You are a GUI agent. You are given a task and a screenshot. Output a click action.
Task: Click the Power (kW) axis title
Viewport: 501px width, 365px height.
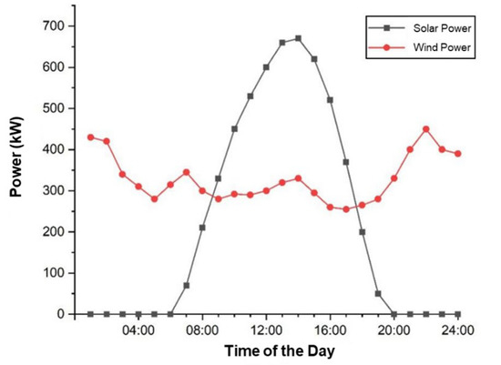click(16, 169)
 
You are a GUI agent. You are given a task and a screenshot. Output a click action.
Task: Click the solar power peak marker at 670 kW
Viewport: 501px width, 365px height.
click(298, 38)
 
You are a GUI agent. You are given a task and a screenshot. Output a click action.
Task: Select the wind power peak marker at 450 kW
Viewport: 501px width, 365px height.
click(425, 128)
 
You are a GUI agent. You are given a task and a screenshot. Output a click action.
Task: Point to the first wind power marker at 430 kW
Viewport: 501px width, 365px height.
click(90, 137)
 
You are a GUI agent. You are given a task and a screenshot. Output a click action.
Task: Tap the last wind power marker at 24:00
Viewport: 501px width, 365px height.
click(457, 153)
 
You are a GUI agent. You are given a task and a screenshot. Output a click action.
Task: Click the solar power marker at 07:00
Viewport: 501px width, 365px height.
click(186, 285)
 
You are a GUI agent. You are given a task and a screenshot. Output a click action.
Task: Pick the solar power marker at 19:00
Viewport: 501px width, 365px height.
click(377, 293)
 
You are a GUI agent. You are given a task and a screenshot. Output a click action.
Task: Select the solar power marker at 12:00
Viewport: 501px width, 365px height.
click(266, 66)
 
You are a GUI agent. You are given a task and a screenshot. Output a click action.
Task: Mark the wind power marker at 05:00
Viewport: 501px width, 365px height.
click(154, 198)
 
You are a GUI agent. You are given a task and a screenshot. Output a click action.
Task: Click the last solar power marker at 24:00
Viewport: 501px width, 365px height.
click(457, 314)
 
